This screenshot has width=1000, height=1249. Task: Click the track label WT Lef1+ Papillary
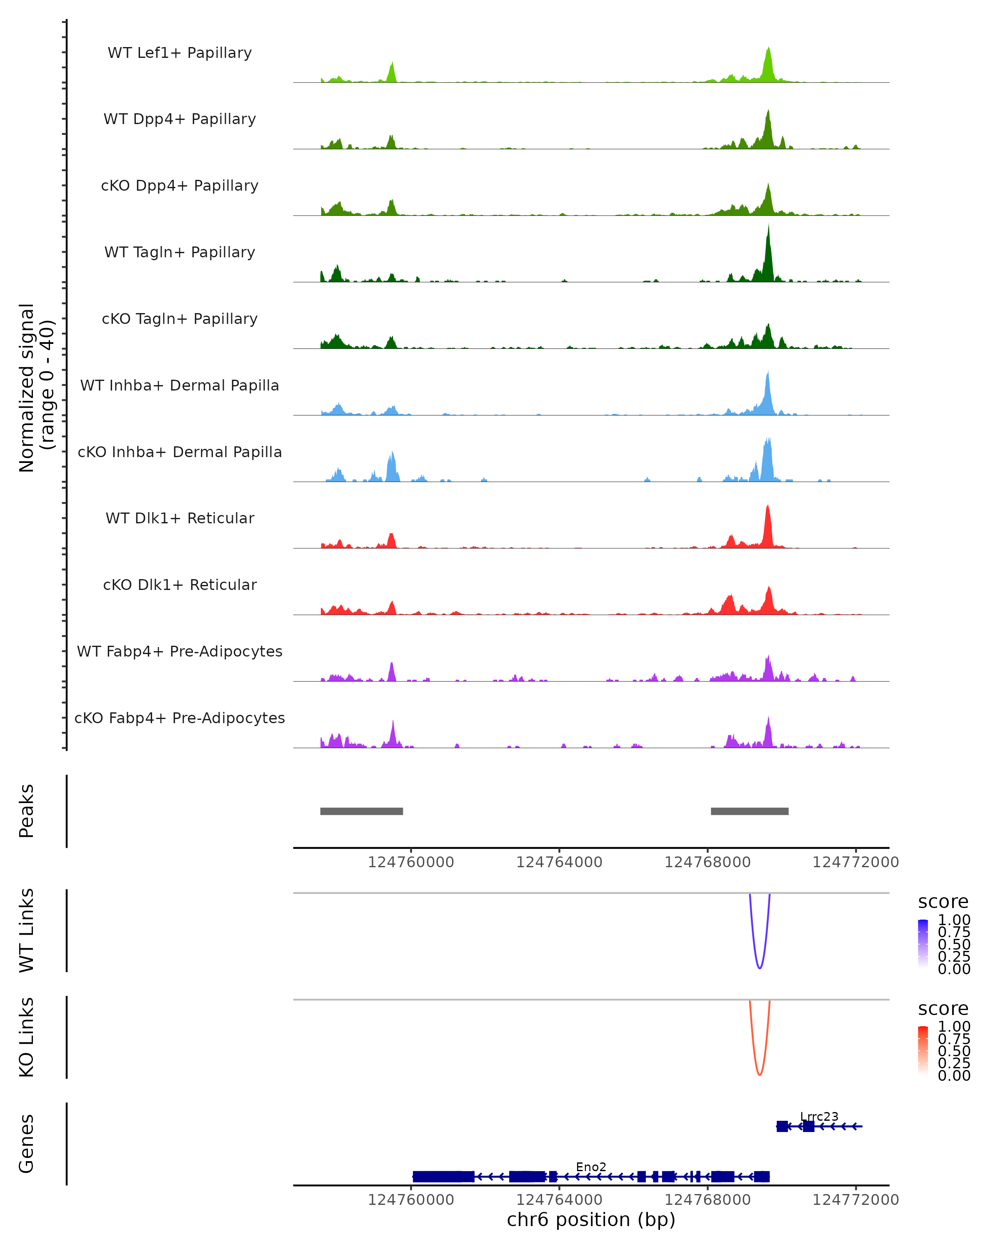coord(180,53)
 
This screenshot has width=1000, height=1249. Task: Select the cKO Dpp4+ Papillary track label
coord(180,185)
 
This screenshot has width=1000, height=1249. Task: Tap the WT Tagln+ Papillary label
coord(180,252)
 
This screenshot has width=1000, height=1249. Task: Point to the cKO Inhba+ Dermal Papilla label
coord(180,452)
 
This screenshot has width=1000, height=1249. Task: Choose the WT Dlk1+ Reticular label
coord(180,518)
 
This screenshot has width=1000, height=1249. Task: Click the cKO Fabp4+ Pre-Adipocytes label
coord(180,718)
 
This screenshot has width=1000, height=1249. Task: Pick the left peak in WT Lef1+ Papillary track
coord(392,73)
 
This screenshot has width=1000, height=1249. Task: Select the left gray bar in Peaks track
coord(361,811)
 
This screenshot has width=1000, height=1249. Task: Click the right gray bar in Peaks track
coord(750,811)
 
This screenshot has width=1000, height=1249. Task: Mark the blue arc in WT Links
coord(760,968)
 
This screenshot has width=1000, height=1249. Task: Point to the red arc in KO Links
coord(760,1075)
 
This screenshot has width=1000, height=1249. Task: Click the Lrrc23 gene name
coord(819,1116)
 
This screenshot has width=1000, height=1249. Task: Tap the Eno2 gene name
coord(591,1167)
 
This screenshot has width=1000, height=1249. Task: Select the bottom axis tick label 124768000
coord(707,1200)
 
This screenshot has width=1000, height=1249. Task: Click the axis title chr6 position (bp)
coord(591,1220)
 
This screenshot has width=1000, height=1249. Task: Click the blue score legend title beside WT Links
coord(943,901)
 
